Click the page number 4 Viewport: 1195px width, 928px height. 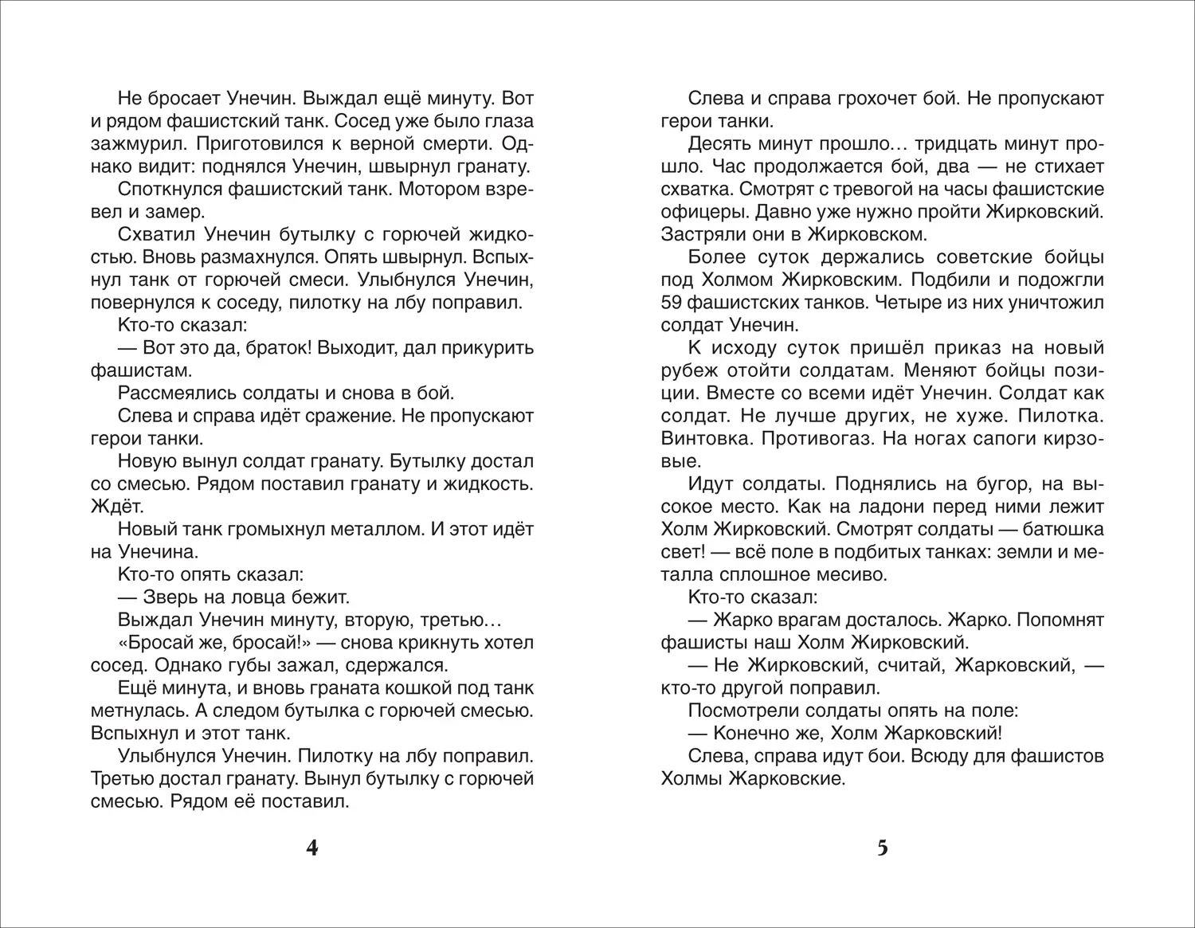311,848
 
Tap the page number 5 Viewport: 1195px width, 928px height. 882,848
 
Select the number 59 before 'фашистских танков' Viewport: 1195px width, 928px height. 673,303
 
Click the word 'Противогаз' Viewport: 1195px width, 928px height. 805,439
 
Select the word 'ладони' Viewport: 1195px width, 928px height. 836,507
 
